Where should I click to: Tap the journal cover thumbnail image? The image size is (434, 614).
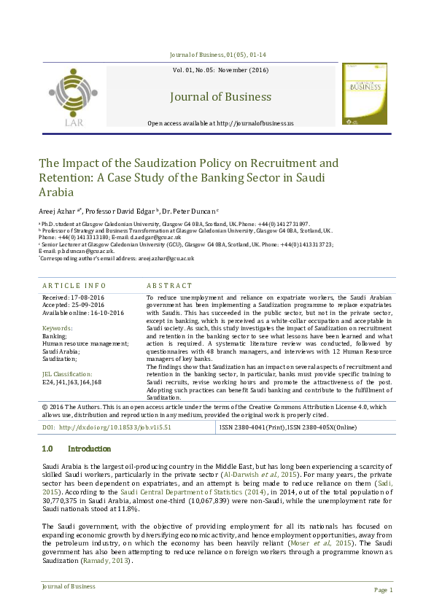(x=365, y=93)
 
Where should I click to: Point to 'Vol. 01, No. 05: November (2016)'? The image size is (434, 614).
(x=220, y=70)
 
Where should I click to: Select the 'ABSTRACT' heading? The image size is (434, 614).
(x=169, y=286)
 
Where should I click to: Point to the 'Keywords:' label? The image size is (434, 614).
(x=58, y=328)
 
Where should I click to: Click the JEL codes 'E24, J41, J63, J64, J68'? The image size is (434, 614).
(x=72, y=381)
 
